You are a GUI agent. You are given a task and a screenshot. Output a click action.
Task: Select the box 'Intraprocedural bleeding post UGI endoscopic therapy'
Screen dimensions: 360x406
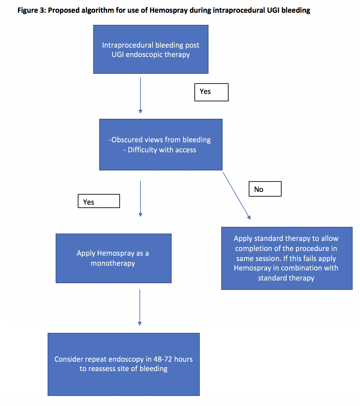pos(151,49)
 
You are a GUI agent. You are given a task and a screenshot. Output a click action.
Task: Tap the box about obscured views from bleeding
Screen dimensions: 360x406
pos(161,145)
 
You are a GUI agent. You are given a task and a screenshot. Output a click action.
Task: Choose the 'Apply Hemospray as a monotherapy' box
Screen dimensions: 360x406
pos(114,258)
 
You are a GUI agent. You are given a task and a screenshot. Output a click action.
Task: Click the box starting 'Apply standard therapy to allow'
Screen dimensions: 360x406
pos(287,258)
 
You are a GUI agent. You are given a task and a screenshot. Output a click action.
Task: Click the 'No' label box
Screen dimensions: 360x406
pos(265,189)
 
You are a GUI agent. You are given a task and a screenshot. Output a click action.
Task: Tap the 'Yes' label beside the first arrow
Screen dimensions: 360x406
pos(211,92)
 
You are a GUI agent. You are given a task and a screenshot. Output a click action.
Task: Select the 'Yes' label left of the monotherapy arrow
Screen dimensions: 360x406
pos(99,201)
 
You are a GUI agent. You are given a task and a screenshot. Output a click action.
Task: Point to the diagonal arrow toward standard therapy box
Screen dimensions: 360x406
pos(237,196)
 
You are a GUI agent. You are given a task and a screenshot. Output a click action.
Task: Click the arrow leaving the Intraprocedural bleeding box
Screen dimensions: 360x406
pos(140,96)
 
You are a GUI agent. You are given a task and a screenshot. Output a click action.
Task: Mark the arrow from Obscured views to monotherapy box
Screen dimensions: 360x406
pos(140,199)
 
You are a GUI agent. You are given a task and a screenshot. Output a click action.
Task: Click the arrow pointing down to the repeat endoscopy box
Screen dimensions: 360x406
pos(140,307)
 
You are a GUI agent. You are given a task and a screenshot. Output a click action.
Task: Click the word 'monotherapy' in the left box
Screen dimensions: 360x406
pos(113,263)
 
